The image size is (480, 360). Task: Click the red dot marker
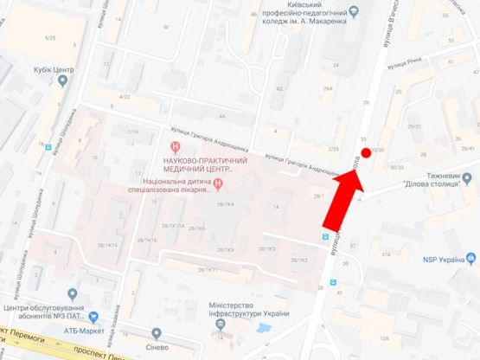[x=365, y=153]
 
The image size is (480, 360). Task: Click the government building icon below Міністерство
[x=222, y=325]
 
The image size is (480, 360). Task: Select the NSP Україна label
[x=438, y=258]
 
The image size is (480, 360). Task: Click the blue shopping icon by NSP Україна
[x=471, y=258]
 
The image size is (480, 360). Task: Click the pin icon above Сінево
[x=156, y=334]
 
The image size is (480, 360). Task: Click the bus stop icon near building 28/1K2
[x=325, y=235]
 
